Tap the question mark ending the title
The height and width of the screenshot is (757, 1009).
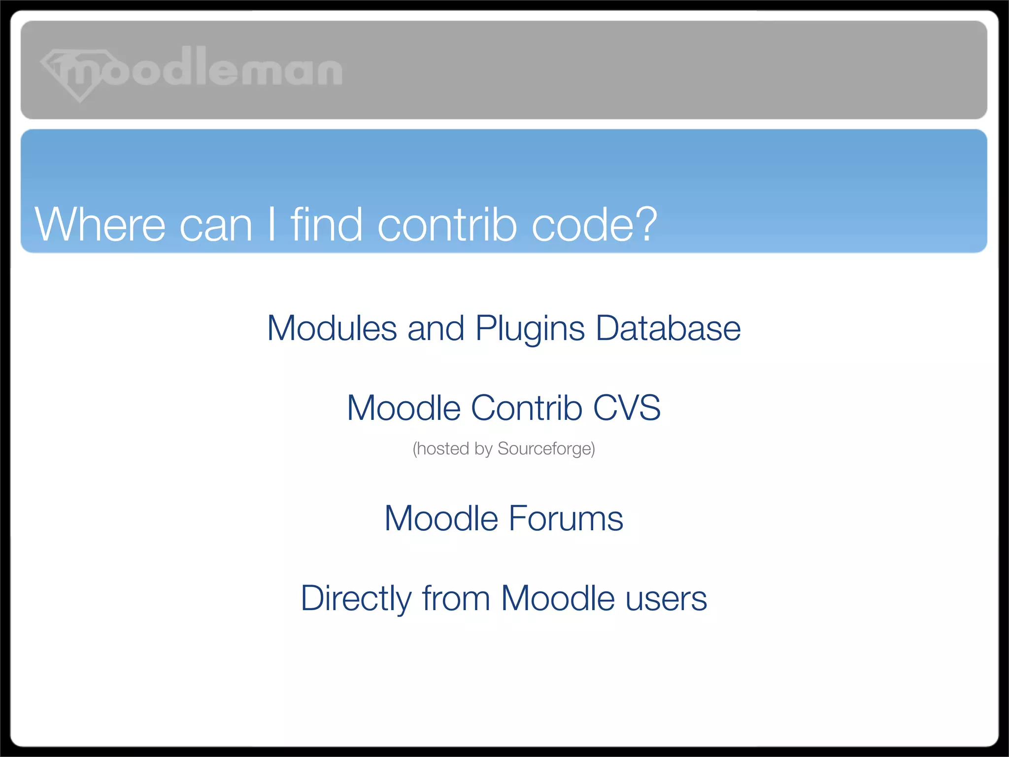pos(643,225)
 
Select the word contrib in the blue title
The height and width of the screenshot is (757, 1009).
pos(447,225)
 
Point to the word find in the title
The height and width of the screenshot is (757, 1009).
pos(327,225)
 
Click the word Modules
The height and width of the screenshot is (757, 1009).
pos(332,329)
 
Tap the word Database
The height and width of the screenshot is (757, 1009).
pos(668,329)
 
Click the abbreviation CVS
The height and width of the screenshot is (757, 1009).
pos(627,408)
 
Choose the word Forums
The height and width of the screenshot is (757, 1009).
pos(566,519)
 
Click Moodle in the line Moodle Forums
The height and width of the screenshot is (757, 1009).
pos(441,519)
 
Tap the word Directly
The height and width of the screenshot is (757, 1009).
pos(356,599)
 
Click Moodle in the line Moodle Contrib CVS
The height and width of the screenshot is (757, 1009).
pos(404,408)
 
